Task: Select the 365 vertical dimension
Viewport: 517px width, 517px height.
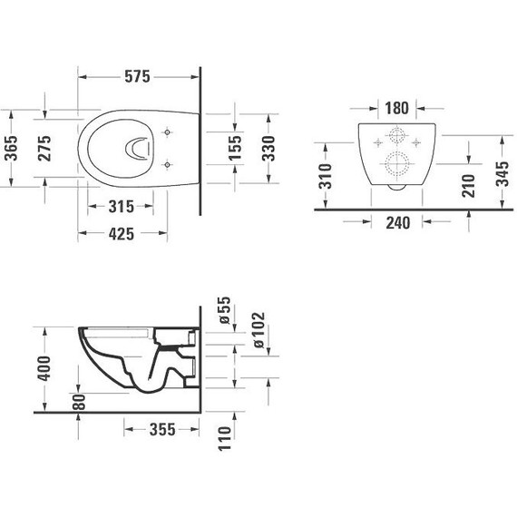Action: [12, 148]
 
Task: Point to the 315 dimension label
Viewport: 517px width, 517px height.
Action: [122, 207]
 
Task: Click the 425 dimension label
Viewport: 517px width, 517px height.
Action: [122, 233]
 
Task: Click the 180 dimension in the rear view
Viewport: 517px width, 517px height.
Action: [396, 107]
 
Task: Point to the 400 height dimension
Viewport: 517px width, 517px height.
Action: [54, 368]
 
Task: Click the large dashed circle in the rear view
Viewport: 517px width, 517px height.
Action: [396, 167]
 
